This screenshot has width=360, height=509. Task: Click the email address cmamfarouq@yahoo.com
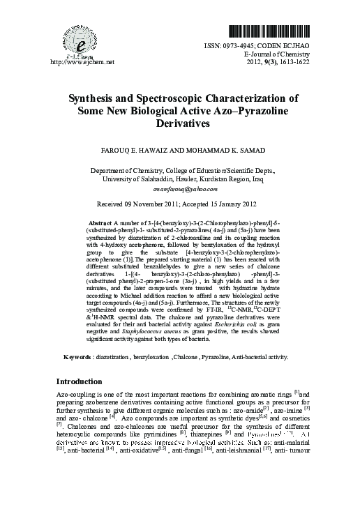[179, 189]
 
